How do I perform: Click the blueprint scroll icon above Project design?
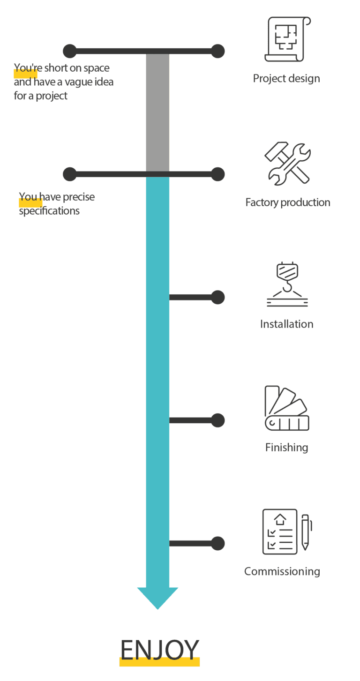[287, 39]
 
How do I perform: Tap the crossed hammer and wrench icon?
[287, 164]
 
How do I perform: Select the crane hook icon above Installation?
[287, 285]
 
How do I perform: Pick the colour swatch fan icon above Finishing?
[286, 409]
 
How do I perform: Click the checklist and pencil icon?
[286, 531]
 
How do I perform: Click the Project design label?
[286, 78]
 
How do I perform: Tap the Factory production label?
[287, 202]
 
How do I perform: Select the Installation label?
[286, 324]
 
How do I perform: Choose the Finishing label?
[286, 448]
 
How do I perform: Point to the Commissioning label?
[282, 571]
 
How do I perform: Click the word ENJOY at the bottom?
[159, 650]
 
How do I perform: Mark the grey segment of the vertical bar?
[157, 112]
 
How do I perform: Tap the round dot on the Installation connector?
[217, 297]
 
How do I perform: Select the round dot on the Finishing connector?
[217, 420]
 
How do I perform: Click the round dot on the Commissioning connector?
[217, 544]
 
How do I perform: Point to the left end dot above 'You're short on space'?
[70, 51]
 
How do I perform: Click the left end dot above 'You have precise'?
[70, 174]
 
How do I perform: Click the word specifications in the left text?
[49, 211]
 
